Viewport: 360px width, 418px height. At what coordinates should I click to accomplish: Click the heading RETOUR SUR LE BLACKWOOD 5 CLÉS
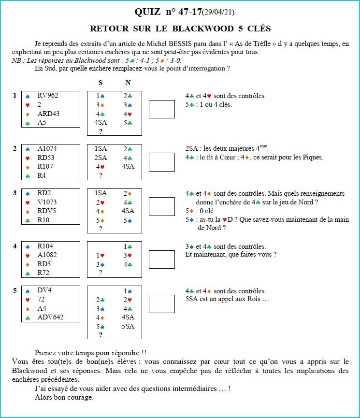tap(180, 29)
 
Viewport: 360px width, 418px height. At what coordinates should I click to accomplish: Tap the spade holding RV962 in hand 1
tap(47, 95)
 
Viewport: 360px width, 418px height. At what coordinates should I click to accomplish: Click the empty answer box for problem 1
tap(162, 109)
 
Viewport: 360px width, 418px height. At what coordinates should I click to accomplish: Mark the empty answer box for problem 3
tap(162, 206)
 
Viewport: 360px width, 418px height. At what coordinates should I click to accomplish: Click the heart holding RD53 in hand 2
tap(47, 158)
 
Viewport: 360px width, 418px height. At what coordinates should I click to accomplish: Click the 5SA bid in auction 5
tap(128, 326)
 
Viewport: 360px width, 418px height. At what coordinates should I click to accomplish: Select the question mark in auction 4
tap(101, 273)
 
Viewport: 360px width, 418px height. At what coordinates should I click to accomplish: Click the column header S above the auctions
tap(101, 83)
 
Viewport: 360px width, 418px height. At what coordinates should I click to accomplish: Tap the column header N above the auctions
tap(128, 83)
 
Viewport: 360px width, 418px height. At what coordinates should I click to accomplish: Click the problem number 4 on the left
tap(15, 246)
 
